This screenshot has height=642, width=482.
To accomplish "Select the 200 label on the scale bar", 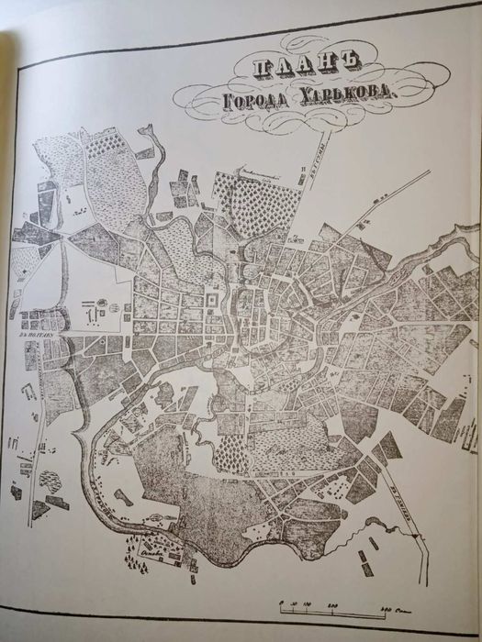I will click(x=334, y=603).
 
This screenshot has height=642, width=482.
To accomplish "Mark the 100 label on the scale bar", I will click(x=307, y=603).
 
